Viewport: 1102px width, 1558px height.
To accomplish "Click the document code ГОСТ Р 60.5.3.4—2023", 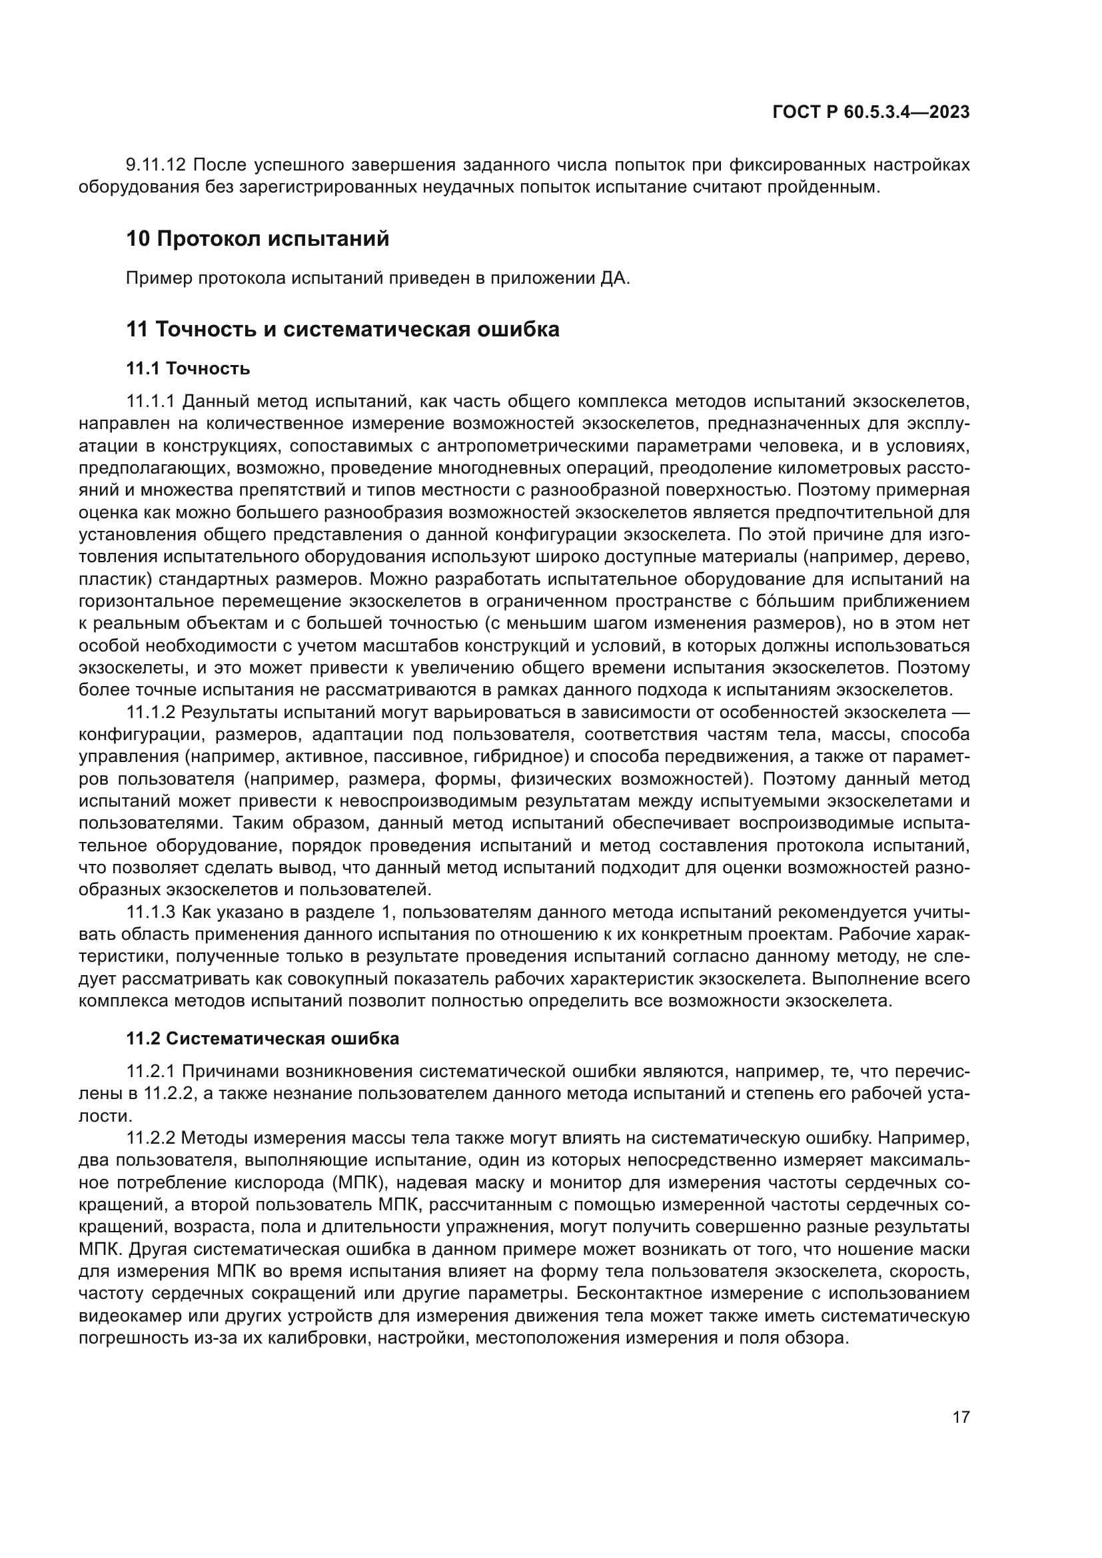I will point(871,113).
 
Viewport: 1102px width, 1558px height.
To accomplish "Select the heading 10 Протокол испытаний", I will point(258,239).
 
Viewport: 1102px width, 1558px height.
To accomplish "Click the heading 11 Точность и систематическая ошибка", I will point(342,329).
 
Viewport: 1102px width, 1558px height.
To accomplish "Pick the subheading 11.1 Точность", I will point(188,368).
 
